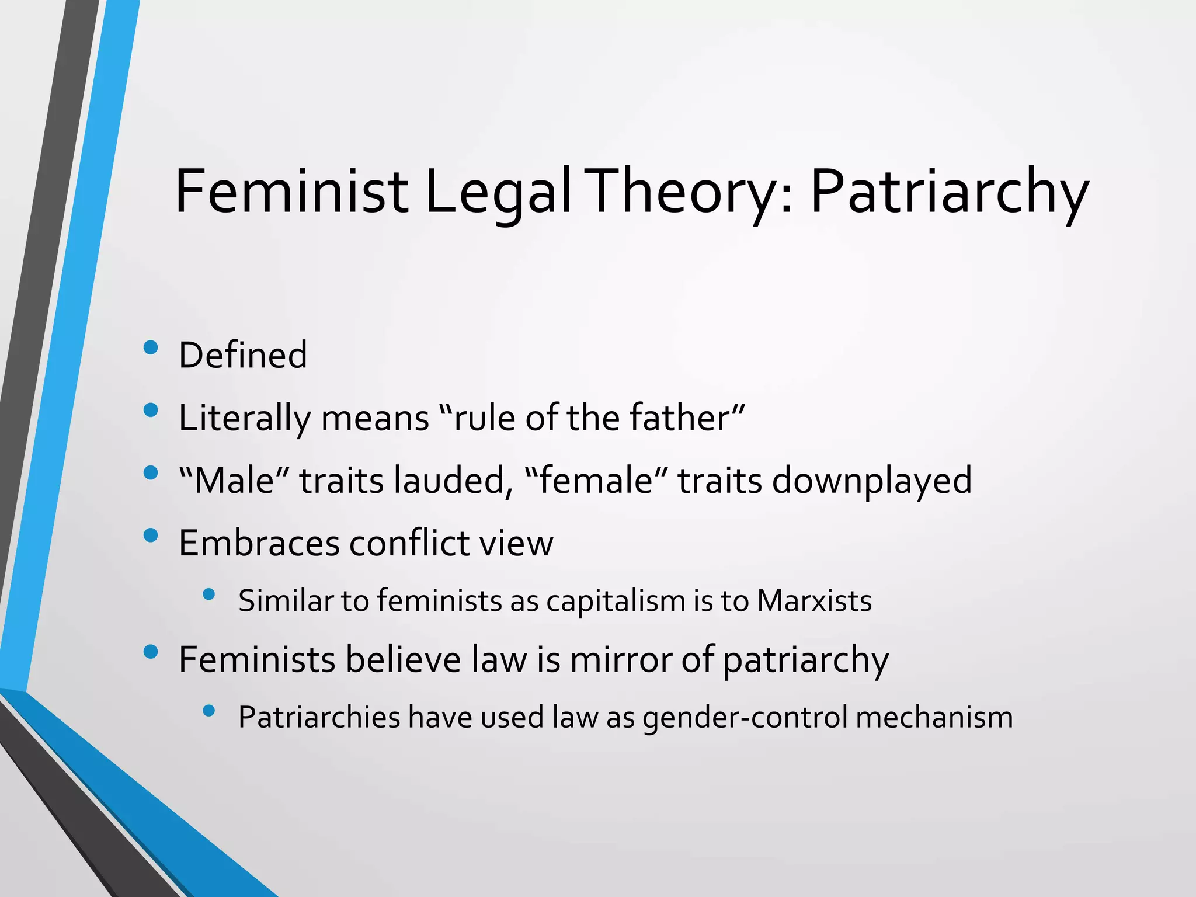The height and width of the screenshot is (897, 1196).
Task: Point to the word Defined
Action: pos(242,355)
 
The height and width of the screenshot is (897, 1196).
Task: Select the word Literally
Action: pos(245,418)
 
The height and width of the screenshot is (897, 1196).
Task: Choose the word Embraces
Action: pos(259,543)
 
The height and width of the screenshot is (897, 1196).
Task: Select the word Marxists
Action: pos(814,601)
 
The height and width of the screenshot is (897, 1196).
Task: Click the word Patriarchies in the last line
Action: pos(319,717)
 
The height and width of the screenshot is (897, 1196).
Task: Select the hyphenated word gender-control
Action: pos(745,717)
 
